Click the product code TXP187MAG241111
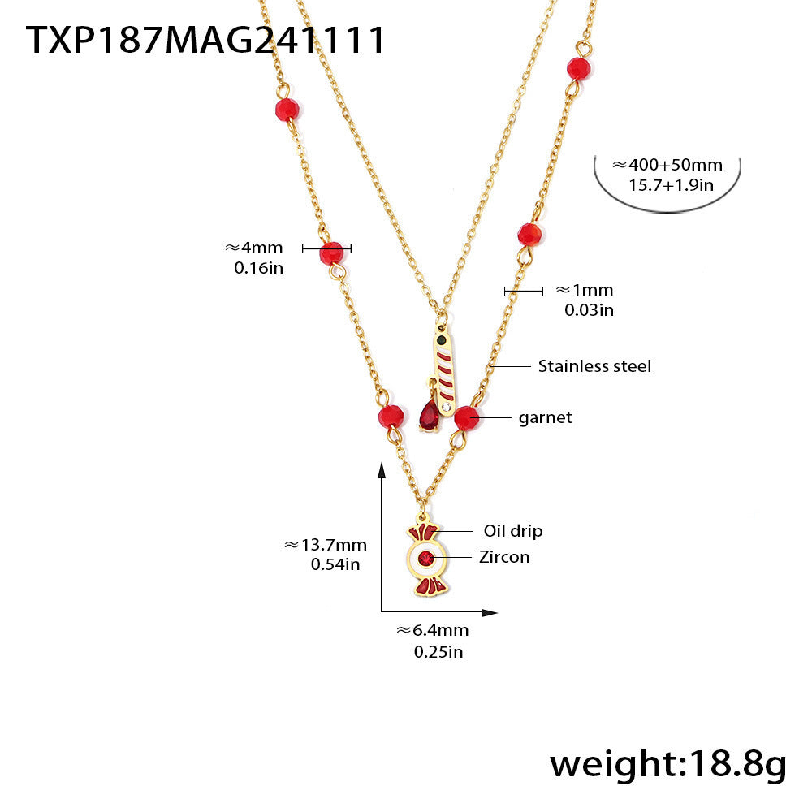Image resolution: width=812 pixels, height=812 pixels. click(x=205, y=40)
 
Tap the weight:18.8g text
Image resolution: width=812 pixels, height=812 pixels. click(x=667, y=764)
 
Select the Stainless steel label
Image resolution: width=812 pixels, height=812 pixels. click(x=594, y=366)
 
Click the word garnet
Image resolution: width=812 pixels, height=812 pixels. click(x=545, y=417)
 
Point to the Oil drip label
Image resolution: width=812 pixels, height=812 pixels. click(x=513, y=531)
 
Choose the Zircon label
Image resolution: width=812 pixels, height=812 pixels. click(x=503, y=556)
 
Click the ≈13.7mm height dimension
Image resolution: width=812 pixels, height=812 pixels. click(x=325, y=545)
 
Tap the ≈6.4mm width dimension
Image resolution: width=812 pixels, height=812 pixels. click(x=432, y=630)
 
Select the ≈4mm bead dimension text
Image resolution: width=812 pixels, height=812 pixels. click(x=253, y=248)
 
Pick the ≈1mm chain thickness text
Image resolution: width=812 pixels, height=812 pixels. click(x=584, y=290)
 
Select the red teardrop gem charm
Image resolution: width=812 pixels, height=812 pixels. click(x=429, y=417)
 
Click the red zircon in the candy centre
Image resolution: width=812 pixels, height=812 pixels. click(x=426, y=558)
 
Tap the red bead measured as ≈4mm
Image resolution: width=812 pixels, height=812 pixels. click(x=331, y=253)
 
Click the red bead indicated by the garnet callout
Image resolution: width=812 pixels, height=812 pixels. click(x=465, y=418)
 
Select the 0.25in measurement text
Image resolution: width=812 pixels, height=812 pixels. click(x=438, y=651)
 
